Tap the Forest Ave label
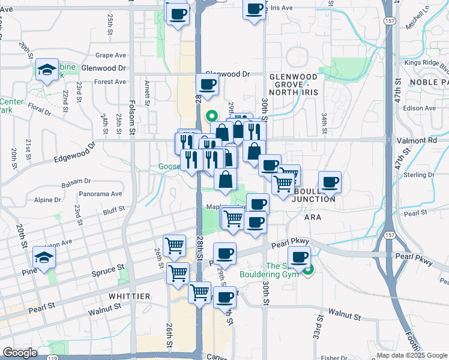pos(110,82)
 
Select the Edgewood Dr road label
pos(74,152)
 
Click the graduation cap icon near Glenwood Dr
pos(47,70)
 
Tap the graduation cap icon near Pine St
pos(44,257)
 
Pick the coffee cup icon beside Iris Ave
pos(255,10)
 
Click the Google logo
pos(19,353)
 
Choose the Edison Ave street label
pos(420,108)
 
